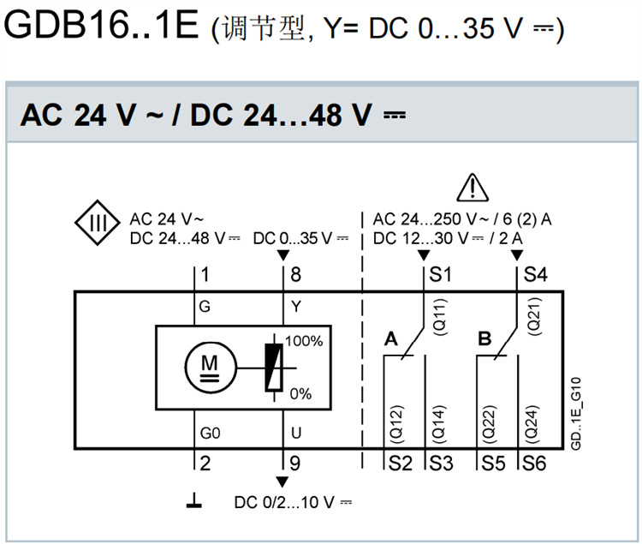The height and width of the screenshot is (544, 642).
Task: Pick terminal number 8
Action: pyautogui.click(x=295, y=276)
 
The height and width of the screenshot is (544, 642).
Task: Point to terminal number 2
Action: pyautogui.click(x=205, y=463)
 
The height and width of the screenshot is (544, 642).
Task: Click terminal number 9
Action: pyautogui.click(x=295, y=463)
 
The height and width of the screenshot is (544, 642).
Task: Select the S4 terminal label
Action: pyautogui.click(x=535, y=276)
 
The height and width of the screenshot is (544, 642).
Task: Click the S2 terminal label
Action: pyautogui.click(x=400, y=463)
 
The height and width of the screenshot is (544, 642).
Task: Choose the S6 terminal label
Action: pyautogui.click(x=535, y=463)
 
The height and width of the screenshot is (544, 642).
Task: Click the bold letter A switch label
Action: pyautogui.click(x=391, y=339)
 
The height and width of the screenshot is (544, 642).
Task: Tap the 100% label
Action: pyautogui.click(x=304, y=340)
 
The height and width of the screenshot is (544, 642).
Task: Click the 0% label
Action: pyautogui.click(x=300, y=393)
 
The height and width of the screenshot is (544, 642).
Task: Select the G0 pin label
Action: pyautogui.click(x=210, y=433)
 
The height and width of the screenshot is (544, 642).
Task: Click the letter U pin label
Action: pyautogui.click(x=295, y=433)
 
